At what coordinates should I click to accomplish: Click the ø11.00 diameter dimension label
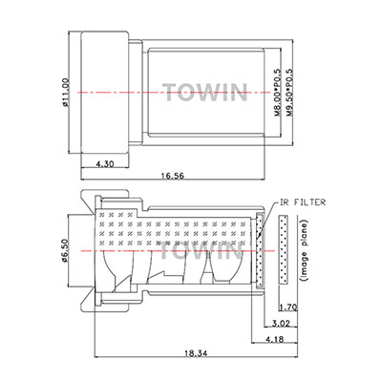coord(66,93)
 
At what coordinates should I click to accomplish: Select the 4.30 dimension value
coord(105,164)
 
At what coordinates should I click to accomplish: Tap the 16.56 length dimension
coord(173,176)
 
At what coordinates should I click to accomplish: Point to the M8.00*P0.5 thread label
coord(277,92)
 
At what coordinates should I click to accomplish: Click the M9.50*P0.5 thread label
coord(289,92)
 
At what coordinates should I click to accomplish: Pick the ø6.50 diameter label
coord(66,251)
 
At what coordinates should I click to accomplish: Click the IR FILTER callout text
coord(303,202)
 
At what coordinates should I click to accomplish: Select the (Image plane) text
coord(305,250)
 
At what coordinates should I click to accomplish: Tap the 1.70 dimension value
coord(288,308)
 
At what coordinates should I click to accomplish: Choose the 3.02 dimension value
coord(282,324)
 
